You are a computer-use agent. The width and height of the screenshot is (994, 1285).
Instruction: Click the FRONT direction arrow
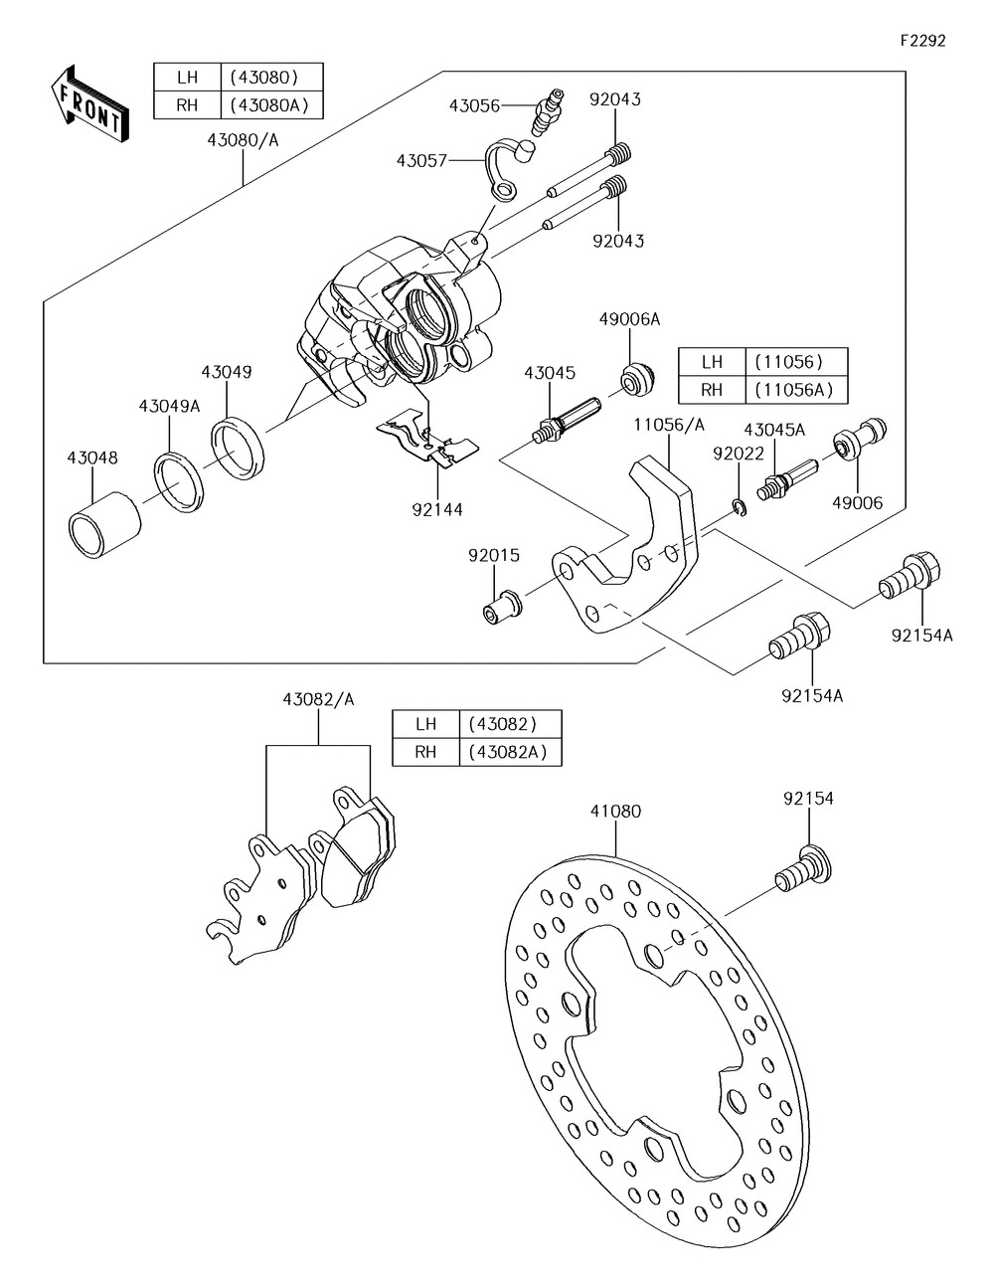89,104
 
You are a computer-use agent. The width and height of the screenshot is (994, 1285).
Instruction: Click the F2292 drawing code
922,40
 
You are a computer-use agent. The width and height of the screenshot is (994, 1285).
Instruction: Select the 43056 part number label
474,105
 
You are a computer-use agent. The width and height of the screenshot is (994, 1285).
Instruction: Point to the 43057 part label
421,161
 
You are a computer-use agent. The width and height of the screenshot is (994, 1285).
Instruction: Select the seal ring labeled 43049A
179,481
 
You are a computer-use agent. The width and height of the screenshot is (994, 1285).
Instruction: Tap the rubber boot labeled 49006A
637,377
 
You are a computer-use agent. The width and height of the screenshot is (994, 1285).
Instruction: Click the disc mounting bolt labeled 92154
804,869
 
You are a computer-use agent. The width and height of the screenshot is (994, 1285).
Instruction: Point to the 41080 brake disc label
615,811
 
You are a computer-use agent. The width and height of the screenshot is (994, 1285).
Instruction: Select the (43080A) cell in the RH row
269,105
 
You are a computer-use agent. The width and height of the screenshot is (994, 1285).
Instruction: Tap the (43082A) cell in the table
508,752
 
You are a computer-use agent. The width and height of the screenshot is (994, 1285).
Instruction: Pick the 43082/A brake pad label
318,699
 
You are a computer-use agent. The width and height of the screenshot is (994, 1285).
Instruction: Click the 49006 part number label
858,502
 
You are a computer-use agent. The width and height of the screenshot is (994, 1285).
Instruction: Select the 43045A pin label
774,430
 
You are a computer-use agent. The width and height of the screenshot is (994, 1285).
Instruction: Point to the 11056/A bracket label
670,425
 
